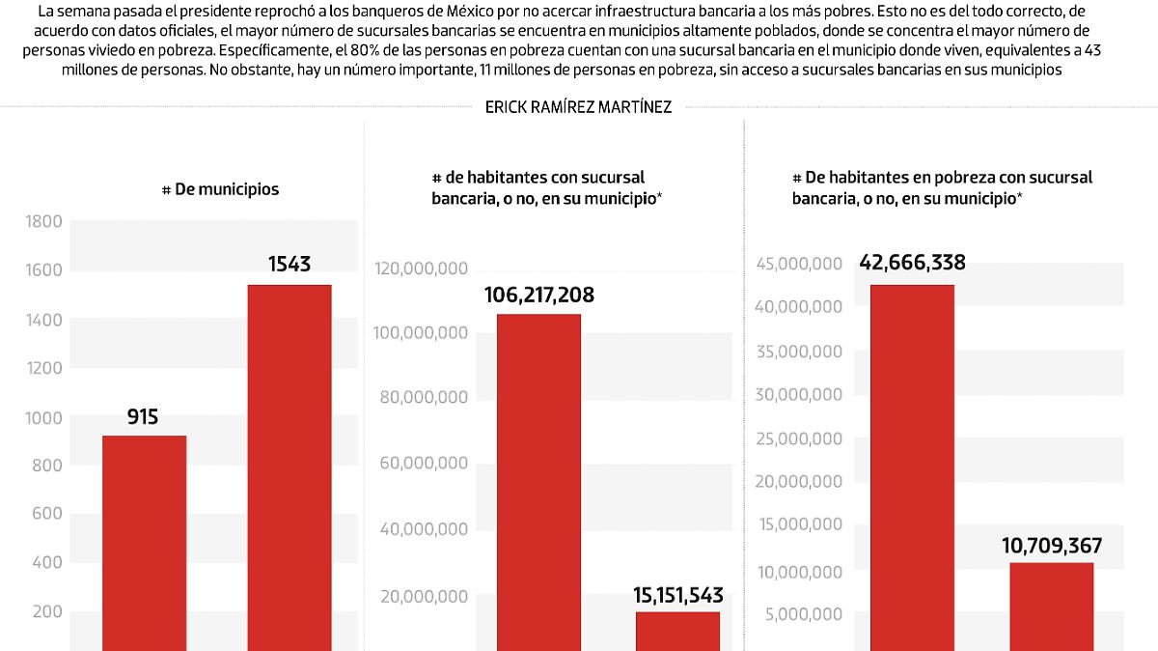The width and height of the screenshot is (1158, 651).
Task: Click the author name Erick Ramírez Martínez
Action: pyautogui.click(x=578, y=107)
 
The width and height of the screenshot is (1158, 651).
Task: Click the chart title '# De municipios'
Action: pyautogui.click(x=220, y=189)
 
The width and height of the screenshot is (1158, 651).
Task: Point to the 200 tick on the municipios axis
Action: pyautogui.click(x=46, y=611)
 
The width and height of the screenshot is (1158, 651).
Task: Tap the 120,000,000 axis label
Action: pyautogui.click(x=422, y=269)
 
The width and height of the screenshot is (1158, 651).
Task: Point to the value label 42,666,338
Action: pyautogui.click(x=912, y=263)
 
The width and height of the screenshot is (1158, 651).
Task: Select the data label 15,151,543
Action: pyautogui.click(x=677, y=595)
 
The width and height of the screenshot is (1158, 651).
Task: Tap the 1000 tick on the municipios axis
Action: pyautogui.click(x=42, y=417)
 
